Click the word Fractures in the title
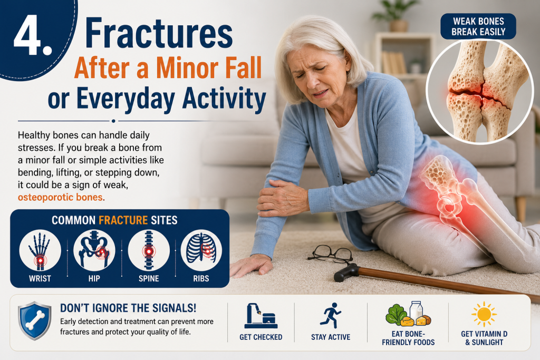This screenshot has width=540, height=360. [159, 34]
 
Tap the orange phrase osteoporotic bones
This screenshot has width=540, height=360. [60, 197]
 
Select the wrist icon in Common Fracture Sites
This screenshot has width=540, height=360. [40, 250]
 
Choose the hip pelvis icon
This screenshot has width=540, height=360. [94, 250]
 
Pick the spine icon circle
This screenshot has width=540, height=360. [149, 250]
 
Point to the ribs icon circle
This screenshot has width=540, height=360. [201, 250]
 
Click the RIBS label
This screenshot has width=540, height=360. [201, 278]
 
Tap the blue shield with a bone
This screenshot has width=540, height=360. [35, 320]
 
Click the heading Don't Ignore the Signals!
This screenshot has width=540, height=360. [128, 308]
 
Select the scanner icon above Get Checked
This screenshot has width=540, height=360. [261, 315]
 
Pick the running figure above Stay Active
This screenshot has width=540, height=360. [331, 315]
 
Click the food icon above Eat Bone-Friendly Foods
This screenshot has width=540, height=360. [408, 314]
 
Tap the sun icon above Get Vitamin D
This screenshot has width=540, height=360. [484, 314]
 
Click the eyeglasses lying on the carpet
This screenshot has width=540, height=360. [331, 255]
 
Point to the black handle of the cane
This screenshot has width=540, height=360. [346, 273]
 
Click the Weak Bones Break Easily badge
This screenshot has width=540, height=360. [478, 26]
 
